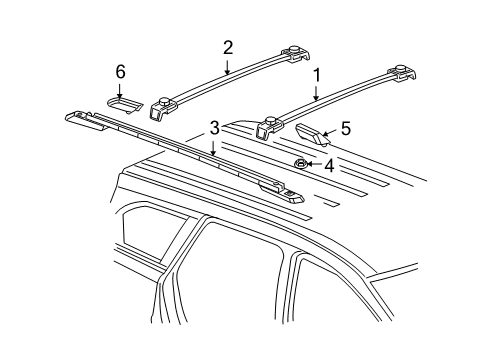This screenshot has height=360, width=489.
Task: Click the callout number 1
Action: (x=317, y=75)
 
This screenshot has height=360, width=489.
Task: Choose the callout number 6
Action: (x=121, y=72)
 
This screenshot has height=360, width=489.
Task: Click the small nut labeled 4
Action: (x=301, y=163)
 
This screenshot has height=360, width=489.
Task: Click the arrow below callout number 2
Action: (x=228, y=67)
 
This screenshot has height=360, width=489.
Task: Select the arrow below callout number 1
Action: (x=317, y=95)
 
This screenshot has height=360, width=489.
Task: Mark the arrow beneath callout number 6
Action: (x=121, y=88)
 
